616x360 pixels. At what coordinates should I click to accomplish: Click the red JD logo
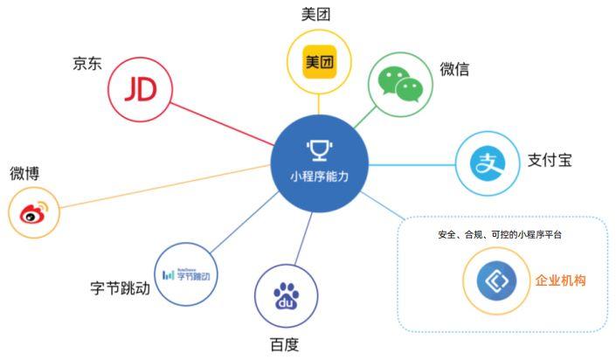tap(141, 89)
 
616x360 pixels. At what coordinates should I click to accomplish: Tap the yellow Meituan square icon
tap(320, 62)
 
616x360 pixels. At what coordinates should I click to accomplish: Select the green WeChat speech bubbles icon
tap(400, 85)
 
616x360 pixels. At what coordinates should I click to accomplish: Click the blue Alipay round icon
tap(488, 163)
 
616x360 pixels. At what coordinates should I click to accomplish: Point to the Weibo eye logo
tap(34, 212)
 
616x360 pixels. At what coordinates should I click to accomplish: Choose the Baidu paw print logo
tap(286, 296)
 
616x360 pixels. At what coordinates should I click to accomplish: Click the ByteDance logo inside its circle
tap(186, 274)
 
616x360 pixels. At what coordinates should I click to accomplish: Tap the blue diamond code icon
tap(496, 281)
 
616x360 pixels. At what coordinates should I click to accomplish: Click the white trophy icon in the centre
tap(320, 150)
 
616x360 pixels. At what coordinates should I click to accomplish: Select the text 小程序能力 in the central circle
tap(320, 177)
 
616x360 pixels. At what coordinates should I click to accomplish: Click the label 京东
tap(87, 63)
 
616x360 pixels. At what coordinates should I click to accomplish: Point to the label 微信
tap(454, 69)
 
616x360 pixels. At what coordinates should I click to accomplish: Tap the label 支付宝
tap(550, 160)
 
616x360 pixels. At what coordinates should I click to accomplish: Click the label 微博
tap(24, 173)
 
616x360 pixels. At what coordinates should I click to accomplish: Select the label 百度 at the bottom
tap(285, 344)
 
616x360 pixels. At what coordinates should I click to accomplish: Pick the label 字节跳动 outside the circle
tap(121, 288)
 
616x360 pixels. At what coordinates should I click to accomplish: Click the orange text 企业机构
tap(561, 280)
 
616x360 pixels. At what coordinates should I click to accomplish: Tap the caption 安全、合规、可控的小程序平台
tap(500, 235)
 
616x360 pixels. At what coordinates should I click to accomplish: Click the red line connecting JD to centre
tap(222, 124)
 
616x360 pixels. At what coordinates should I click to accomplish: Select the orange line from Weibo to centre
tap(164, 186)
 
